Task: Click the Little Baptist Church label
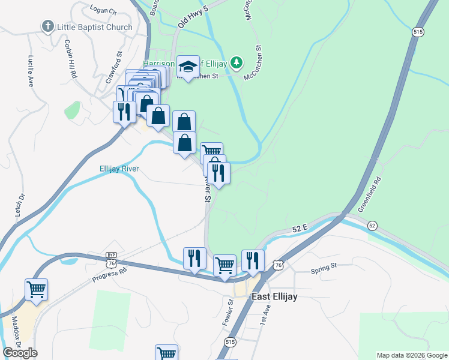(94, 27)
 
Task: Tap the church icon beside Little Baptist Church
(47, 26)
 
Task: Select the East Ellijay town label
(274, 296)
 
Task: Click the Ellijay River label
(119, 169)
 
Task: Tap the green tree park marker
(237, 62)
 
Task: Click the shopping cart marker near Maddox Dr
(36, 290)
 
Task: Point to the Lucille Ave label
(30, 73)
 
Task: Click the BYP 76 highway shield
(110, 259)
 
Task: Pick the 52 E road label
(300, 228)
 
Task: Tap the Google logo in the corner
(20, 353)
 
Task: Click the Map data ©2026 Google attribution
(411, 355)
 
